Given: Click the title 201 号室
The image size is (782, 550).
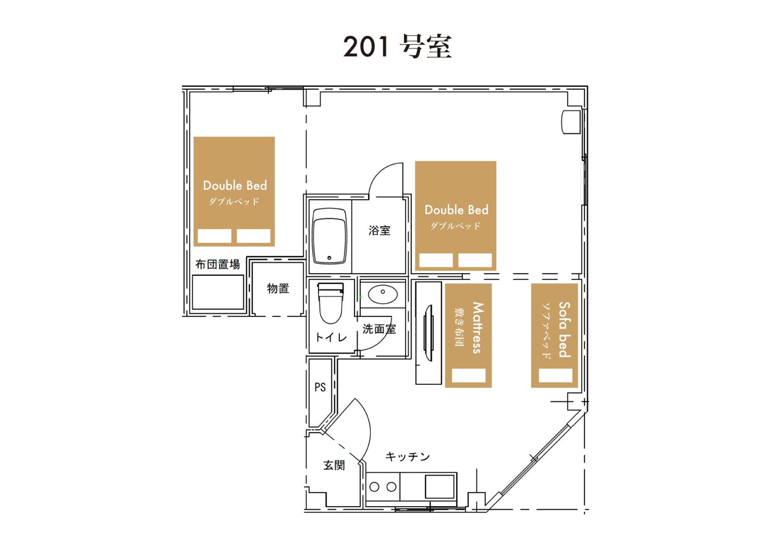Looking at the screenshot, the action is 397,46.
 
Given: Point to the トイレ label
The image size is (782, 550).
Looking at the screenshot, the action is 331,337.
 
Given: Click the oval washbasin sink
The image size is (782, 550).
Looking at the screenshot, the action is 383,294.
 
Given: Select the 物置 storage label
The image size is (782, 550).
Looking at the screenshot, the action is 278,289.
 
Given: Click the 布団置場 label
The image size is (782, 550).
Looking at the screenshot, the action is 218,264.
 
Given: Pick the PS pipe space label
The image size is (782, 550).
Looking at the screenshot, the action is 320,387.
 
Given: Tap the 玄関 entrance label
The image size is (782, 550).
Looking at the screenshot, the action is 334,465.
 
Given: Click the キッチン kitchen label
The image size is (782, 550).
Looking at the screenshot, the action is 407,457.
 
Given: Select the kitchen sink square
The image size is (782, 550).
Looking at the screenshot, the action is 439,487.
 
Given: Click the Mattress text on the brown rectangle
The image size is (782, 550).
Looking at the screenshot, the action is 478,328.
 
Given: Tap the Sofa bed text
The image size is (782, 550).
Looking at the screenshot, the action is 564,330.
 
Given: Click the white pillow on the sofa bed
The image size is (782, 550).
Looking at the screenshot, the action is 555,375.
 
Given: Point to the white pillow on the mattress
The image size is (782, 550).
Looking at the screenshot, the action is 469,375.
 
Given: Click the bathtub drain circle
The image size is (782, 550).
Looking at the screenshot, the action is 329,258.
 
